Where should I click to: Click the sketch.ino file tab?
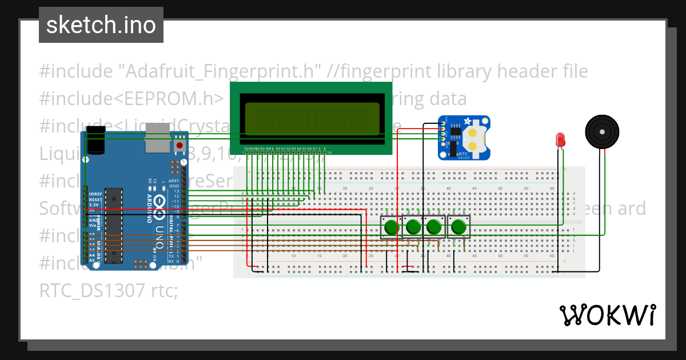(x=101, y=25)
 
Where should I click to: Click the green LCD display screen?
(x=312, y=119)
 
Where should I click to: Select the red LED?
(x=560, y=139)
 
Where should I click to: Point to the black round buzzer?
(x=602, y=132)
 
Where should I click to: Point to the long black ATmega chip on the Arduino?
(x=114, y=225)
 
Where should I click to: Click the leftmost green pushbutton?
(x=392, y=227)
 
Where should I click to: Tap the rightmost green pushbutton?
(x=458, y=227)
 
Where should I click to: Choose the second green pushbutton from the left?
(x=413, y=227)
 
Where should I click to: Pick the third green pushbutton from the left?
(x=435, y=227)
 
